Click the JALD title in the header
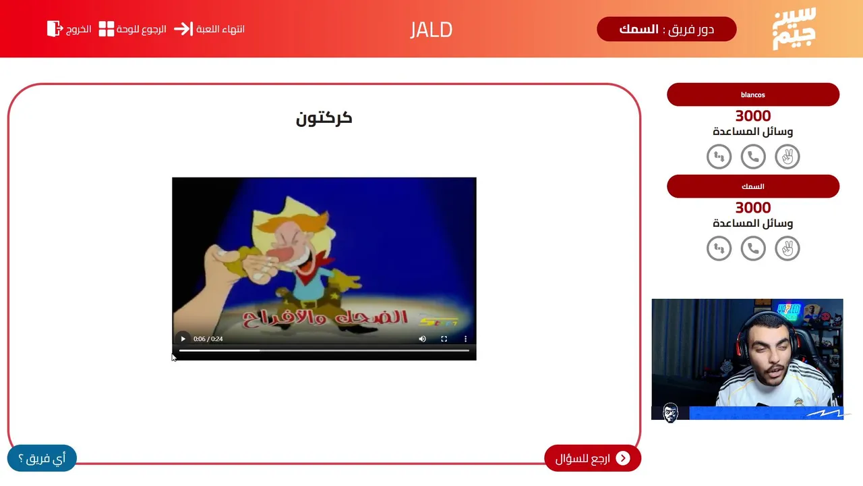[431, 30]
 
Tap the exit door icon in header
[55, 29]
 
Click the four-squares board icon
[107, 29]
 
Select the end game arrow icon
[183, 29]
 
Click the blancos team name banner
[753, 94]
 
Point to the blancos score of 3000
[753, 115]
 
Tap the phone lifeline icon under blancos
[753, 157]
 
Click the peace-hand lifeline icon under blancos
[787, 157]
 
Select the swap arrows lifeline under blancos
[719, 157]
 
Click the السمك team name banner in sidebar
[753, 186]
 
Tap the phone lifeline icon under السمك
[753, 248]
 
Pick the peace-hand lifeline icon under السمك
[787, 248]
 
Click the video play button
[183, 339]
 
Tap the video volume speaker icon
[422, 339]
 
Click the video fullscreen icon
[444, 339]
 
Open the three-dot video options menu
[465, 339]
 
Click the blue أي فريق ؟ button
[42, 458]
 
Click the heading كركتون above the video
[324, 118]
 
